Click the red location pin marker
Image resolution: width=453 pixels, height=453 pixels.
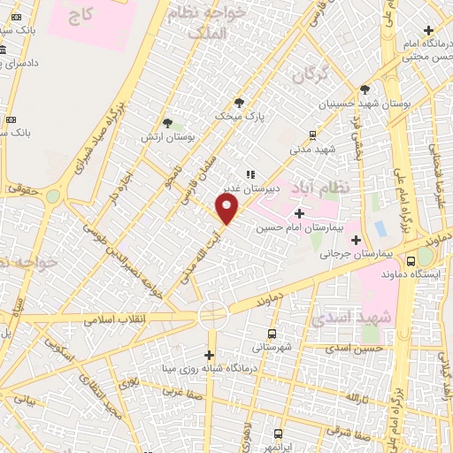(228, 210)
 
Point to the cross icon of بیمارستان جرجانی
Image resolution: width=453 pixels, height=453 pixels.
(356, 239)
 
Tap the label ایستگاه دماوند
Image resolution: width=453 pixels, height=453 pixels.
(406, 274)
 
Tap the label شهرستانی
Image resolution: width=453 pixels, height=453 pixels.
(270, 347)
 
